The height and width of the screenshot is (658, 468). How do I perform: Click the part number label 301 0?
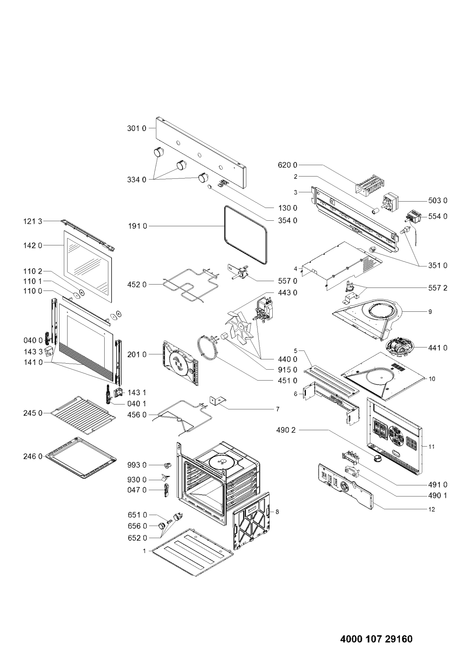[136, 128]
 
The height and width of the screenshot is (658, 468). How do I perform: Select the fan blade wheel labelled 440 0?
[239, 327]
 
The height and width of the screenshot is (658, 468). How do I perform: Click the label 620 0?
[288, 165]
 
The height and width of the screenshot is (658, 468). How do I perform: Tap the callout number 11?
[431, 447]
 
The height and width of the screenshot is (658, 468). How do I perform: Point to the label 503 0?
[437, 201]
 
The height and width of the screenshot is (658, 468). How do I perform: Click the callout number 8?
[277, 512]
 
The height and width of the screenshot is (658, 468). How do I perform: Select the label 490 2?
[286, 430]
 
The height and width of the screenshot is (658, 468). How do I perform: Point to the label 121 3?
[33, 221]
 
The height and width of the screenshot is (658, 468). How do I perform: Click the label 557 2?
[437, 288]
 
